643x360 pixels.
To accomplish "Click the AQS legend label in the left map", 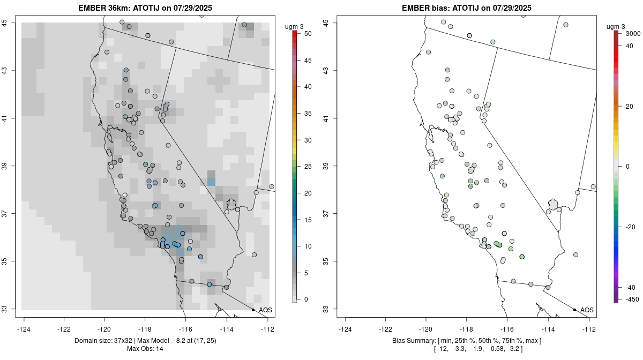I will pos(266,310).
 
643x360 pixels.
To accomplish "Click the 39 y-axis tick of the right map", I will pos(333,166).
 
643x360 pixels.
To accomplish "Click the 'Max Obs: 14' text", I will pos(145,349).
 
